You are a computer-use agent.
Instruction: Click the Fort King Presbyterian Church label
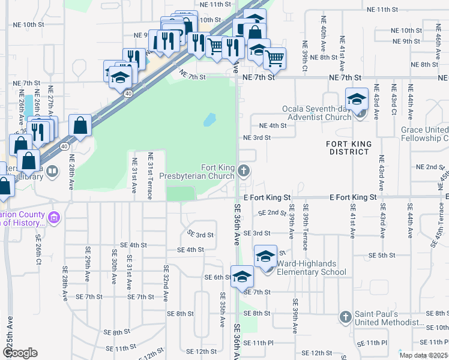200,172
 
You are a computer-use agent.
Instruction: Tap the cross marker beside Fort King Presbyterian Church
244,171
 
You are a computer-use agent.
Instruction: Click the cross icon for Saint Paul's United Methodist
345,316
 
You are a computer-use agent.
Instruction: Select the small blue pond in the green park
209,120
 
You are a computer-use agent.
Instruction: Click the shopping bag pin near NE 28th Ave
80,126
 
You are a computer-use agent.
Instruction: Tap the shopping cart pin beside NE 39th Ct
274,59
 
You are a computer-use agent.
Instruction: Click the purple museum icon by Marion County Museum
55,217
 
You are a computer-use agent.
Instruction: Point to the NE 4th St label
273,126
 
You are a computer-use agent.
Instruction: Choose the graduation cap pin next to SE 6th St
242,277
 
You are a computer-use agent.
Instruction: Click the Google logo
20,353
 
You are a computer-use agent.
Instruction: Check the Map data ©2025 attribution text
423,355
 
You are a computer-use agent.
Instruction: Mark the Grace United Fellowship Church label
424,134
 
